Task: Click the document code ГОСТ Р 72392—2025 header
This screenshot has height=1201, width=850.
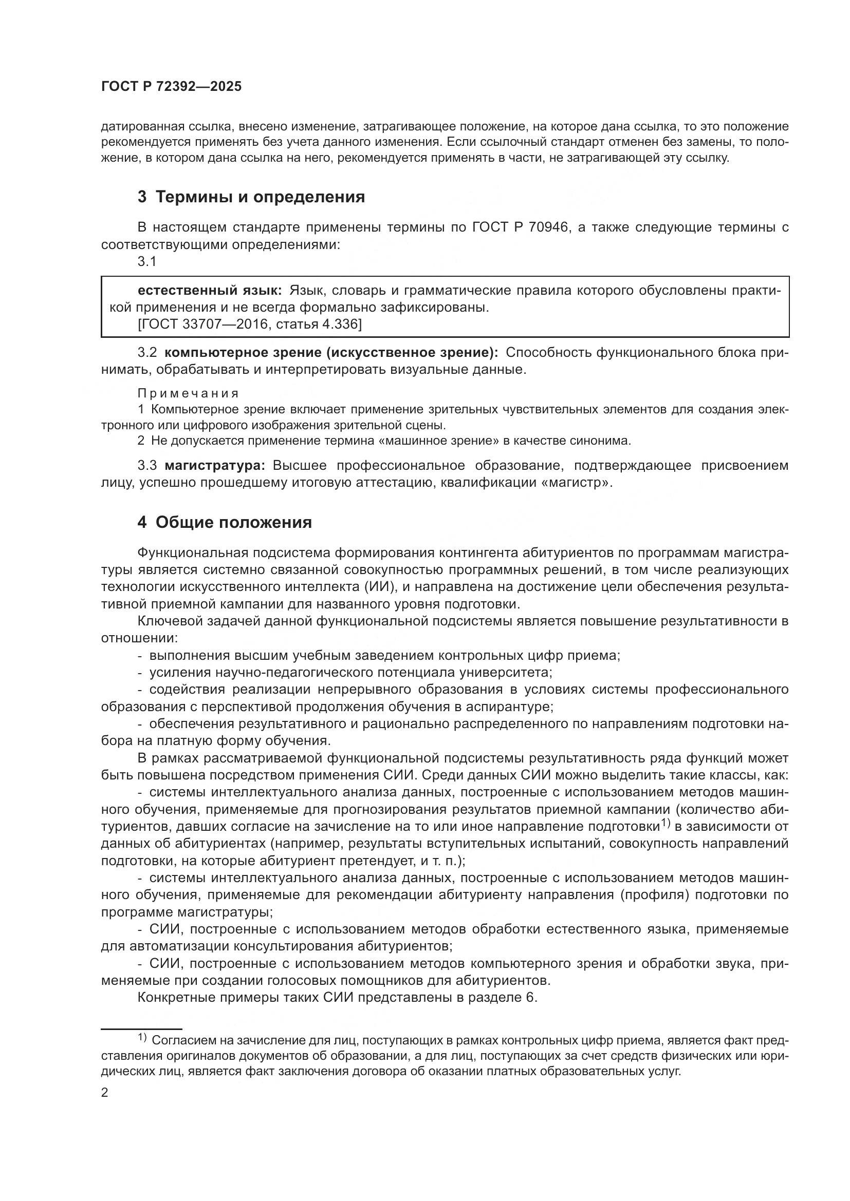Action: coord(171,87)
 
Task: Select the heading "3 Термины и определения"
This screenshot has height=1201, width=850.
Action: coord(251,197)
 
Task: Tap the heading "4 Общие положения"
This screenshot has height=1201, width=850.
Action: coord(225,523)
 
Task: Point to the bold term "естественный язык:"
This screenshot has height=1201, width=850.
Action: coord(210,290)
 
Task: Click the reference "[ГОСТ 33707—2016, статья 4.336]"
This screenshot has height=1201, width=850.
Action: coord(250,325)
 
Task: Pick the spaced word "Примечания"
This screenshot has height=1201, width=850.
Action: coord(189,393)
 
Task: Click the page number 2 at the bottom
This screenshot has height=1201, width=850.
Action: coord(104,1093)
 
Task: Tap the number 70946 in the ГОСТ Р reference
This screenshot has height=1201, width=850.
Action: coord(546,227)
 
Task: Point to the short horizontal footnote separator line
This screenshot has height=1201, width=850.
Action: coord(141,1028)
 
